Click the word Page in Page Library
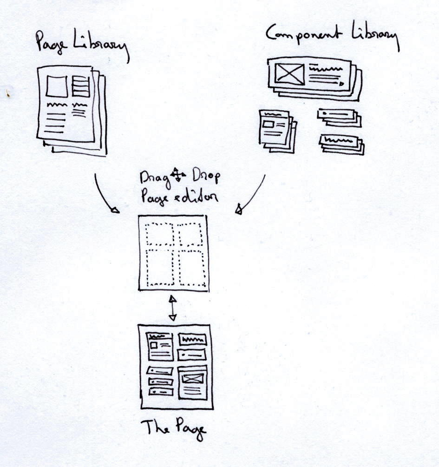tap(51, 43)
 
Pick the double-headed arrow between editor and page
tap(172, 308)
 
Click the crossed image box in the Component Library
tap(289, 73)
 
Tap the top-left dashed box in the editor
tap(160, 234)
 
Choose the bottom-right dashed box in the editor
tap(192, 268)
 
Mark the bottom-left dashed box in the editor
tap(160, 268)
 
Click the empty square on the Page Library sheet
tap(57, 86)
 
